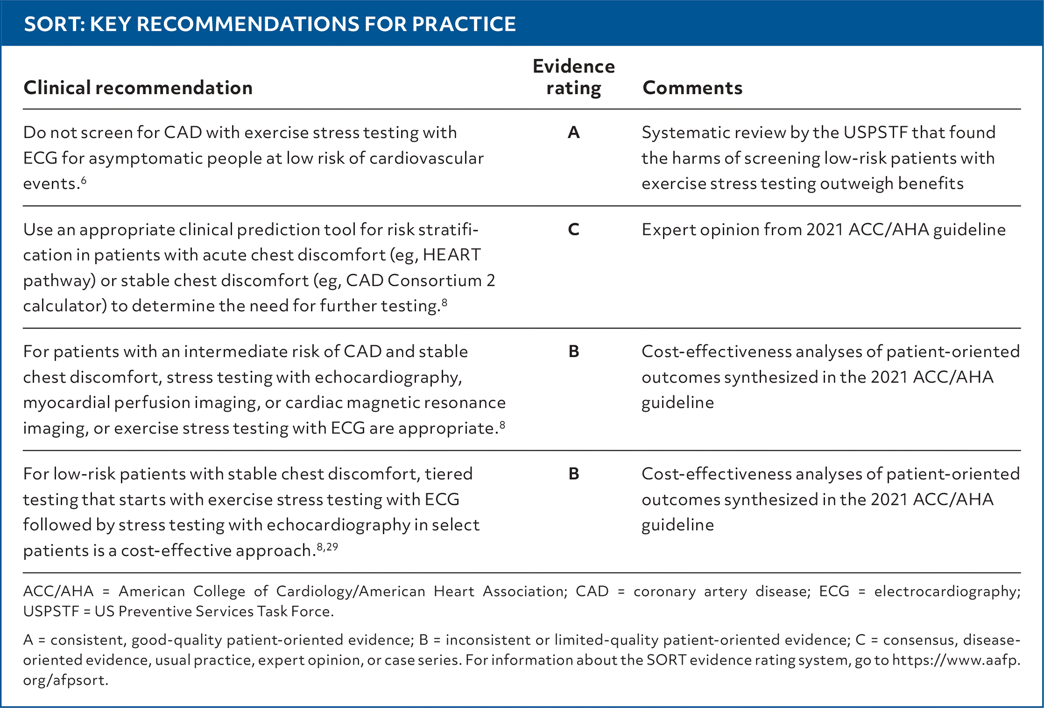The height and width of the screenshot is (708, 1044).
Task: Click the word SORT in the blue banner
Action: point(53,24)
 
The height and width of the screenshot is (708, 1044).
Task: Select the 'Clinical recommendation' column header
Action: point(138,88)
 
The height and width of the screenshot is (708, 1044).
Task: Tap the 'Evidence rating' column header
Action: point(574,77)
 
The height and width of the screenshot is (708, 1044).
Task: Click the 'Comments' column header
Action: point(692,88)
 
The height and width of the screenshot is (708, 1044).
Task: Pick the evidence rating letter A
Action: point(574,133)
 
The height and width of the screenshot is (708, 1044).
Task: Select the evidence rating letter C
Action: point(574,230)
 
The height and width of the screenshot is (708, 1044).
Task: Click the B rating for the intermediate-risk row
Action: point(574,352)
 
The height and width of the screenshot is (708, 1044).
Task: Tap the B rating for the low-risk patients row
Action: point(574,474)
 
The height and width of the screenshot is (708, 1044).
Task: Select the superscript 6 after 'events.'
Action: point(84,180)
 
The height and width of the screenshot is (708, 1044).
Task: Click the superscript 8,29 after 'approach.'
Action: point(327,547)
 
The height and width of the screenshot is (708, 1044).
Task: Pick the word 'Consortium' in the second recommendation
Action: point(434,281)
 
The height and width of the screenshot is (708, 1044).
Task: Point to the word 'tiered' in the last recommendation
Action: point(449,474)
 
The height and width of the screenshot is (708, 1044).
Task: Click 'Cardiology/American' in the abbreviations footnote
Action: point(351,591)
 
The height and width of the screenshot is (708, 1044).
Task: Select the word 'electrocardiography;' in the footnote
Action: point(947,591)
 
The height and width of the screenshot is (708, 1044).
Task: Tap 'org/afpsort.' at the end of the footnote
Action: point(66,680)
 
